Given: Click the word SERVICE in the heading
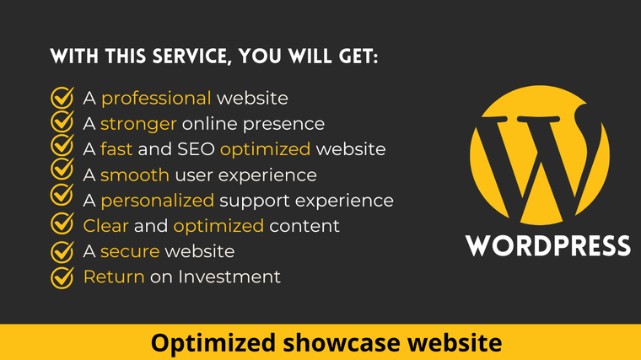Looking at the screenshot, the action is pos(192,56).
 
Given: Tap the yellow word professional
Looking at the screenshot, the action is pos(156,99).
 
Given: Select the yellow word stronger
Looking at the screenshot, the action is pos(138,124).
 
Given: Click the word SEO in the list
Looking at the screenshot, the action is pos(196,149).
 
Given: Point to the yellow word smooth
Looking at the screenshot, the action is pos(134,175).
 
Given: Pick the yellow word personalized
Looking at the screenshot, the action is pos(158,201).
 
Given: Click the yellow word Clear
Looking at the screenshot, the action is pos(106,226).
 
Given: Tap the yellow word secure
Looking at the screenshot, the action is pos(130,252).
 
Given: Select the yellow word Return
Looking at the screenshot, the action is pos(114,277).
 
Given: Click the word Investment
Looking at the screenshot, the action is pos(229,277).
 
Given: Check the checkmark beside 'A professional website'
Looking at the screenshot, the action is pos(62,98).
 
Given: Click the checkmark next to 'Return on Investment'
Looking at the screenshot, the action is pos(62,277).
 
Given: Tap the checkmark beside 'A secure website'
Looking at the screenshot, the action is pos(62,251).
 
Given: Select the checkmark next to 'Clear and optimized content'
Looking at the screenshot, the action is pos(62,223).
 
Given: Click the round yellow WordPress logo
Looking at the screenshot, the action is pos(540,155).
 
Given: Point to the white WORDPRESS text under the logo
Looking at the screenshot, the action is pos(547,245).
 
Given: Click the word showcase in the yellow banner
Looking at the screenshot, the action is pos(342,342).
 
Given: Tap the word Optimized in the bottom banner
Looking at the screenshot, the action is pos(213,343).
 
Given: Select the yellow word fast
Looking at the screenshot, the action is pos(116,149).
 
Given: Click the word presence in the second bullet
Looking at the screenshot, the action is pos(283,125).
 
